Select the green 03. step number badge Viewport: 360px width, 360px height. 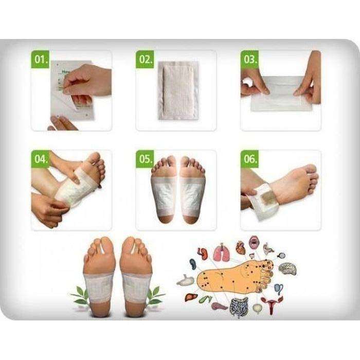tap(250, 59)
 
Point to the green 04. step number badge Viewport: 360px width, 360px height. tap(41, 159)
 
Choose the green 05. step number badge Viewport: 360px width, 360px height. tap(145, 159)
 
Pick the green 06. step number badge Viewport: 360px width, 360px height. tap(250, 159)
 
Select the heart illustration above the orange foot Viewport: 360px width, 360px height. tap(241, 248)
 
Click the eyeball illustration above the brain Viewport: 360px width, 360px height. tap(281, 255)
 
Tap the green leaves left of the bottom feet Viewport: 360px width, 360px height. tap(80, 295)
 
